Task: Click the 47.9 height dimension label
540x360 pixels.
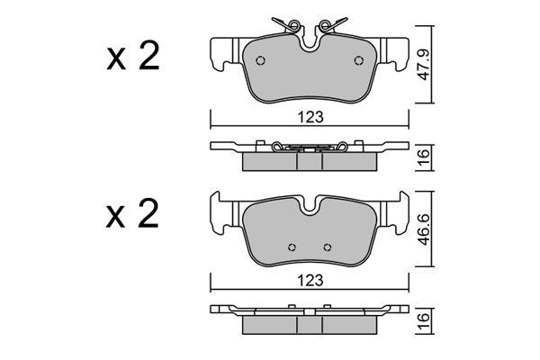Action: tap(424, 65)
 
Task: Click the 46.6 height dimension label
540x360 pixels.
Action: tap(424, 229)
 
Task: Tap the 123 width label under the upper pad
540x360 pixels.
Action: tap(310, 117)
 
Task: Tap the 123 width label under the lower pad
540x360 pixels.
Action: tap(310, 281)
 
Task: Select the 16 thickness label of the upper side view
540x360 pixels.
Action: tap(424, 157)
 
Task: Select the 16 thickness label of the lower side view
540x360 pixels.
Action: tap(424, 320)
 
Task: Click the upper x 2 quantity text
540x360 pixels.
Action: tap(133, 56)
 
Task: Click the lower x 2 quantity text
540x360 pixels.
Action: tap(133, 213)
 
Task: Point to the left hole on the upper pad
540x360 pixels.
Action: tap(261, 60)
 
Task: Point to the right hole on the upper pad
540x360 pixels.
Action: tap(359, 60)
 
